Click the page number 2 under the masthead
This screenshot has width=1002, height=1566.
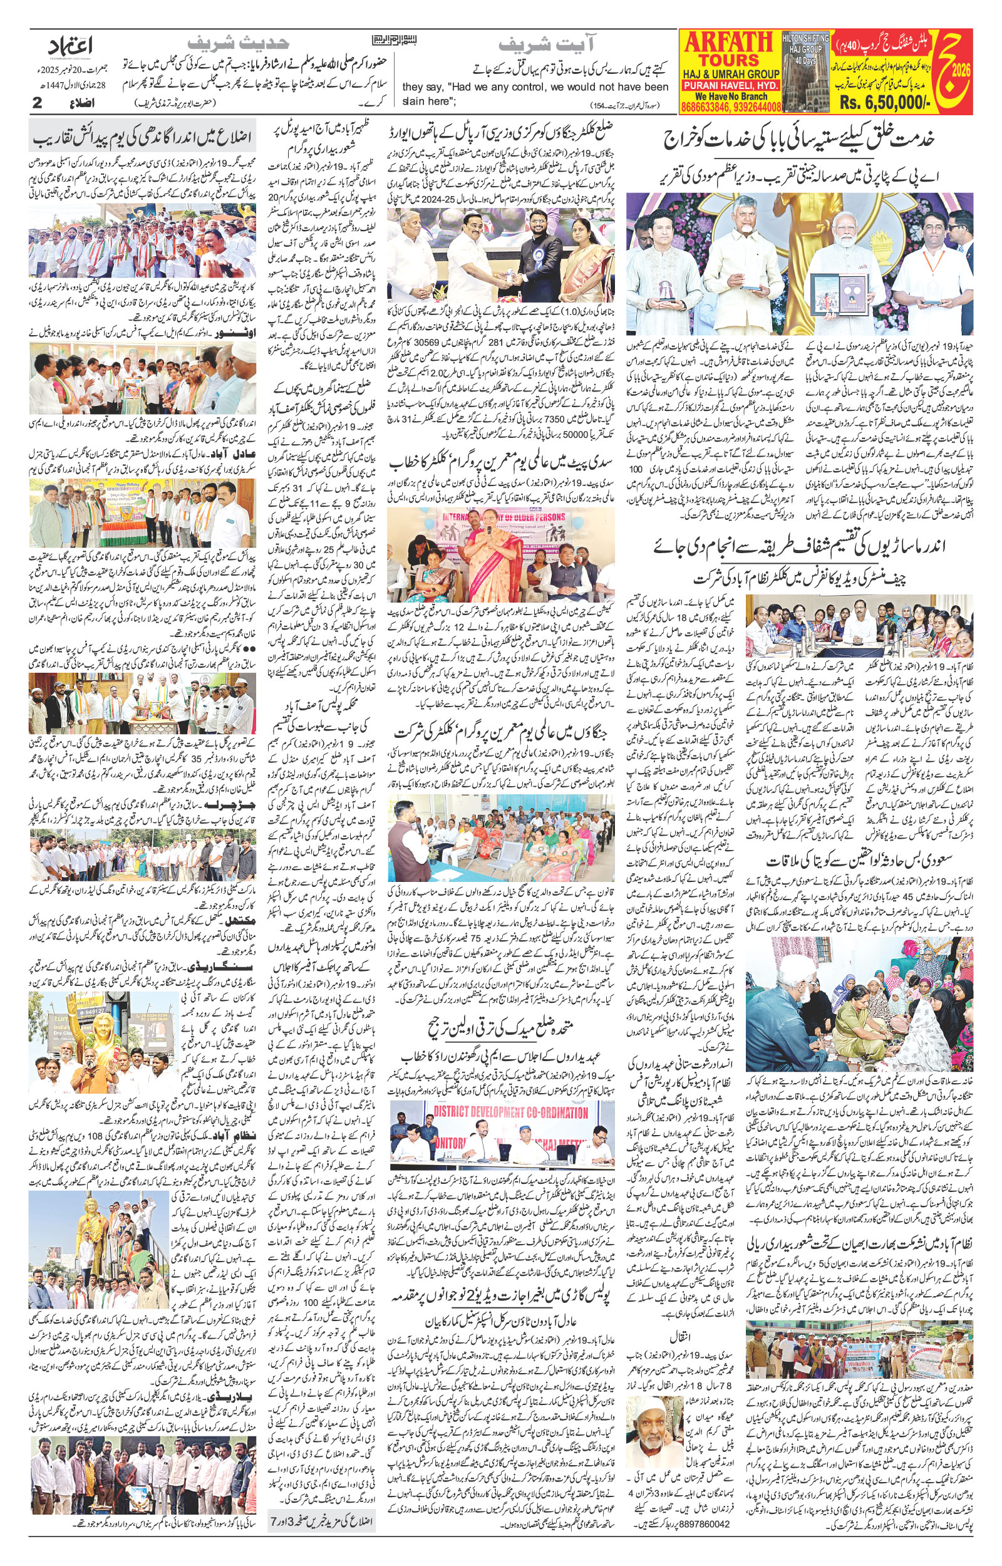(x=37, y=103)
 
